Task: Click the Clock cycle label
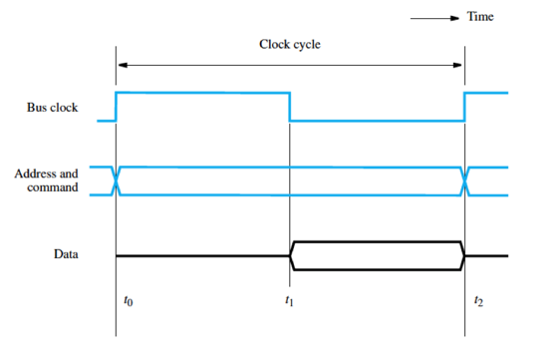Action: tap(289, 45)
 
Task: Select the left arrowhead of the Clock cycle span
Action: tap(122, 65)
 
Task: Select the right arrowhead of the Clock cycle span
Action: tap(459, 65)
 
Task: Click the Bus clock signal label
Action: tap(52, 107)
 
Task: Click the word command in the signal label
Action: tap(52, 187)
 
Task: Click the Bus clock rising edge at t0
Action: tap(117, 107)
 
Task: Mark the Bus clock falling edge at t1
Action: tap(290, 107)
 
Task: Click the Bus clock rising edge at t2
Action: tap(465, 107)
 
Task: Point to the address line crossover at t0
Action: tap(117, 180)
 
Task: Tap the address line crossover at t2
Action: tap(465, 180)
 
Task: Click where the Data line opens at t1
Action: tap(290, 256)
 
